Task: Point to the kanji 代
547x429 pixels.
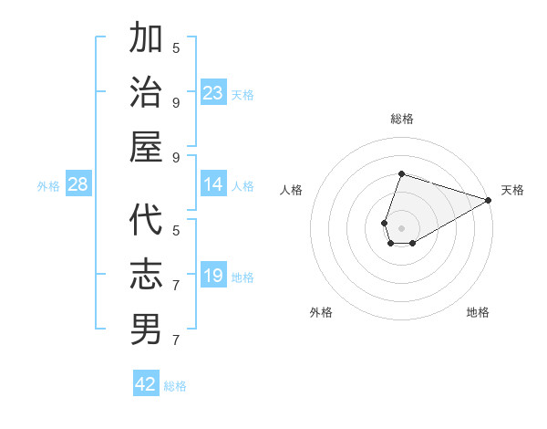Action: coord(147,221)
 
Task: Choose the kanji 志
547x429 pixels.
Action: coord(147,275)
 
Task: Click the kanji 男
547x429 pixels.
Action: coord(147,330)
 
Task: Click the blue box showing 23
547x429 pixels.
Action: coord(213,93)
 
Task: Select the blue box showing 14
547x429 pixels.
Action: coord(213,185)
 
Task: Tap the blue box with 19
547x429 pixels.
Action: coord(213,277)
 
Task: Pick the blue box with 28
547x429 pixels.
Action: coord(78,185)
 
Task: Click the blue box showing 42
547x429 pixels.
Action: coord(146,384)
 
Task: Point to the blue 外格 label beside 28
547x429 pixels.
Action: coord(48,186)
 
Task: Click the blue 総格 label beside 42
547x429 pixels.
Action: coord(175,386)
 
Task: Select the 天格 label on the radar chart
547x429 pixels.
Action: coord(512,190)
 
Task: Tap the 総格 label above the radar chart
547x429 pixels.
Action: coord(401,119)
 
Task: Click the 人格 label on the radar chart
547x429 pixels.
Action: coord(292,190)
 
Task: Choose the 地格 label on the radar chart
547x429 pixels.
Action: coord(478,312)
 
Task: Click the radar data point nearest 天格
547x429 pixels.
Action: coord(490,200)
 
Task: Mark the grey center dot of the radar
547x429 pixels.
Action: coord(401,226)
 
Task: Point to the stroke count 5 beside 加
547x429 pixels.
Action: coord(176,47)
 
